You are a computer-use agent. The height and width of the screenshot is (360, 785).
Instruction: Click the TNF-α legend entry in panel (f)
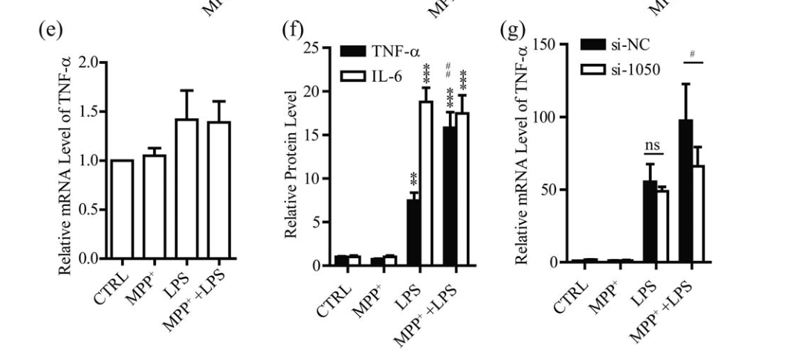click(x=368, y=52)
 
